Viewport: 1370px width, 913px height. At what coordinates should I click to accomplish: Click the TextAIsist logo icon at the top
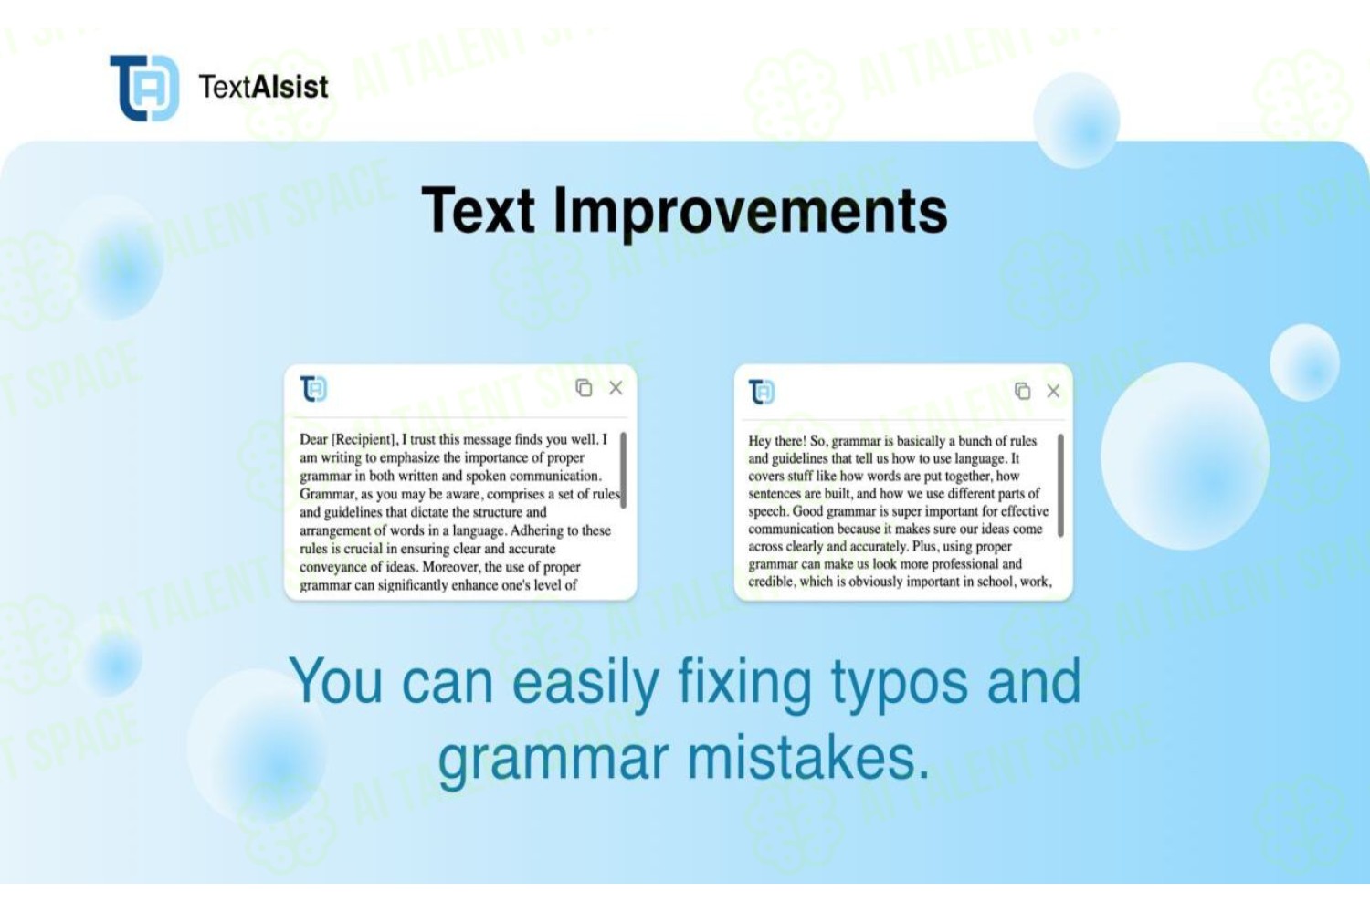144,88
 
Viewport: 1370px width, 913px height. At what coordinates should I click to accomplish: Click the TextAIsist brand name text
264,87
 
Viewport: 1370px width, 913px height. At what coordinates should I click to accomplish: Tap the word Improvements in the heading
751,212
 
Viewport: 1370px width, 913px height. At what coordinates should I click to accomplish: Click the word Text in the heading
479,210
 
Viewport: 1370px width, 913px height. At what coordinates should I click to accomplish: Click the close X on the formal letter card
616,388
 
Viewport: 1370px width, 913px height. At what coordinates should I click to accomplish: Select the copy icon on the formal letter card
585,387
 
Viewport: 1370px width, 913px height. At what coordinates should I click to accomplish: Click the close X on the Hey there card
1053,391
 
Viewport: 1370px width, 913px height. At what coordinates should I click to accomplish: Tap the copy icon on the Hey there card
1023,390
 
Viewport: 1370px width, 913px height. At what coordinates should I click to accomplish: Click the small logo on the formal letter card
314,389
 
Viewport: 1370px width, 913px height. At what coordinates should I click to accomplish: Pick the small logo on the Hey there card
762,392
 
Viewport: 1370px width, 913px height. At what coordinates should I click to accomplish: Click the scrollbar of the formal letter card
623,470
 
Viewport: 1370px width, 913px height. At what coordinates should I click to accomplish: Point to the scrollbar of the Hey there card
1060,486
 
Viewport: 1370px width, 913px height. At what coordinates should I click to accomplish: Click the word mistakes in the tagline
808,758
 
